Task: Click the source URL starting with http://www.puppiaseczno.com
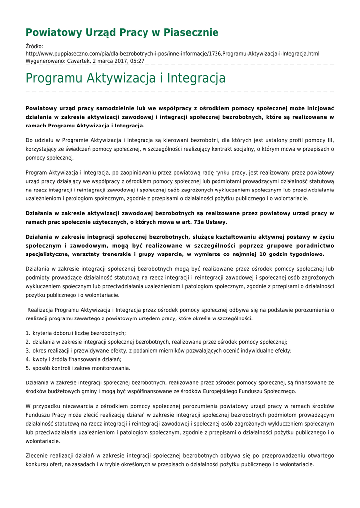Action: pyautogui.click(x=172, y=54)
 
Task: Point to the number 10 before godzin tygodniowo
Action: pyautogui.click(x=264, y=254)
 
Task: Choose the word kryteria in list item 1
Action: pyautogui.click(x=43, y=333)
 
